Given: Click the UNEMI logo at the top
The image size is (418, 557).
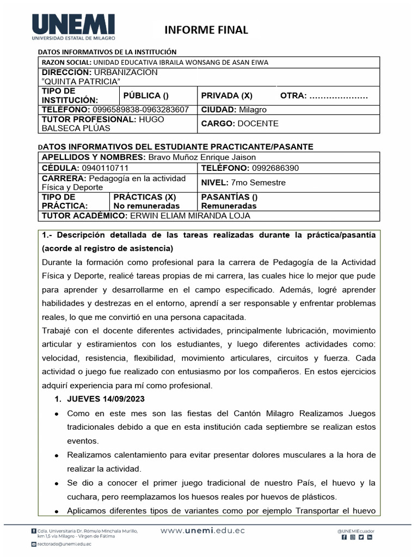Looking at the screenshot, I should tap(74, 28).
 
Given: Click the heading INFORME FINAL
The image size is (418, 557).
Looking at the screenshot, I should tap(206, 30).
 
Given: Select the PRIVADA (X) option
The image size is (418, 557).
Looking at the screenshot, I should tap(226, 96).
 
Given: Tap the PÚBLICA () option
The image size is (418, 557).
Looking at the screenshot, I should tap(145, 96).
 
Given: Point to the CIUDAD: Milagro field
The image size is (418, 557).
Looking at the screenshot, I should tap(234, 109).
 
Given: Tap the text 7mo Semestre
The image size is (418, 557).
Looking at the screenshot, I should tap(258, 183).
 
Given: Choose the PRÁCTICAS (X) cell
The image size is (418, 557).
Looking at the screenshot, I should tap(144, 197).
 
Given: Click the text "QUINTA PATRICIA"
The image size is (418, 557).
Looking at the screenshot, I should tap(81, 82).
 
